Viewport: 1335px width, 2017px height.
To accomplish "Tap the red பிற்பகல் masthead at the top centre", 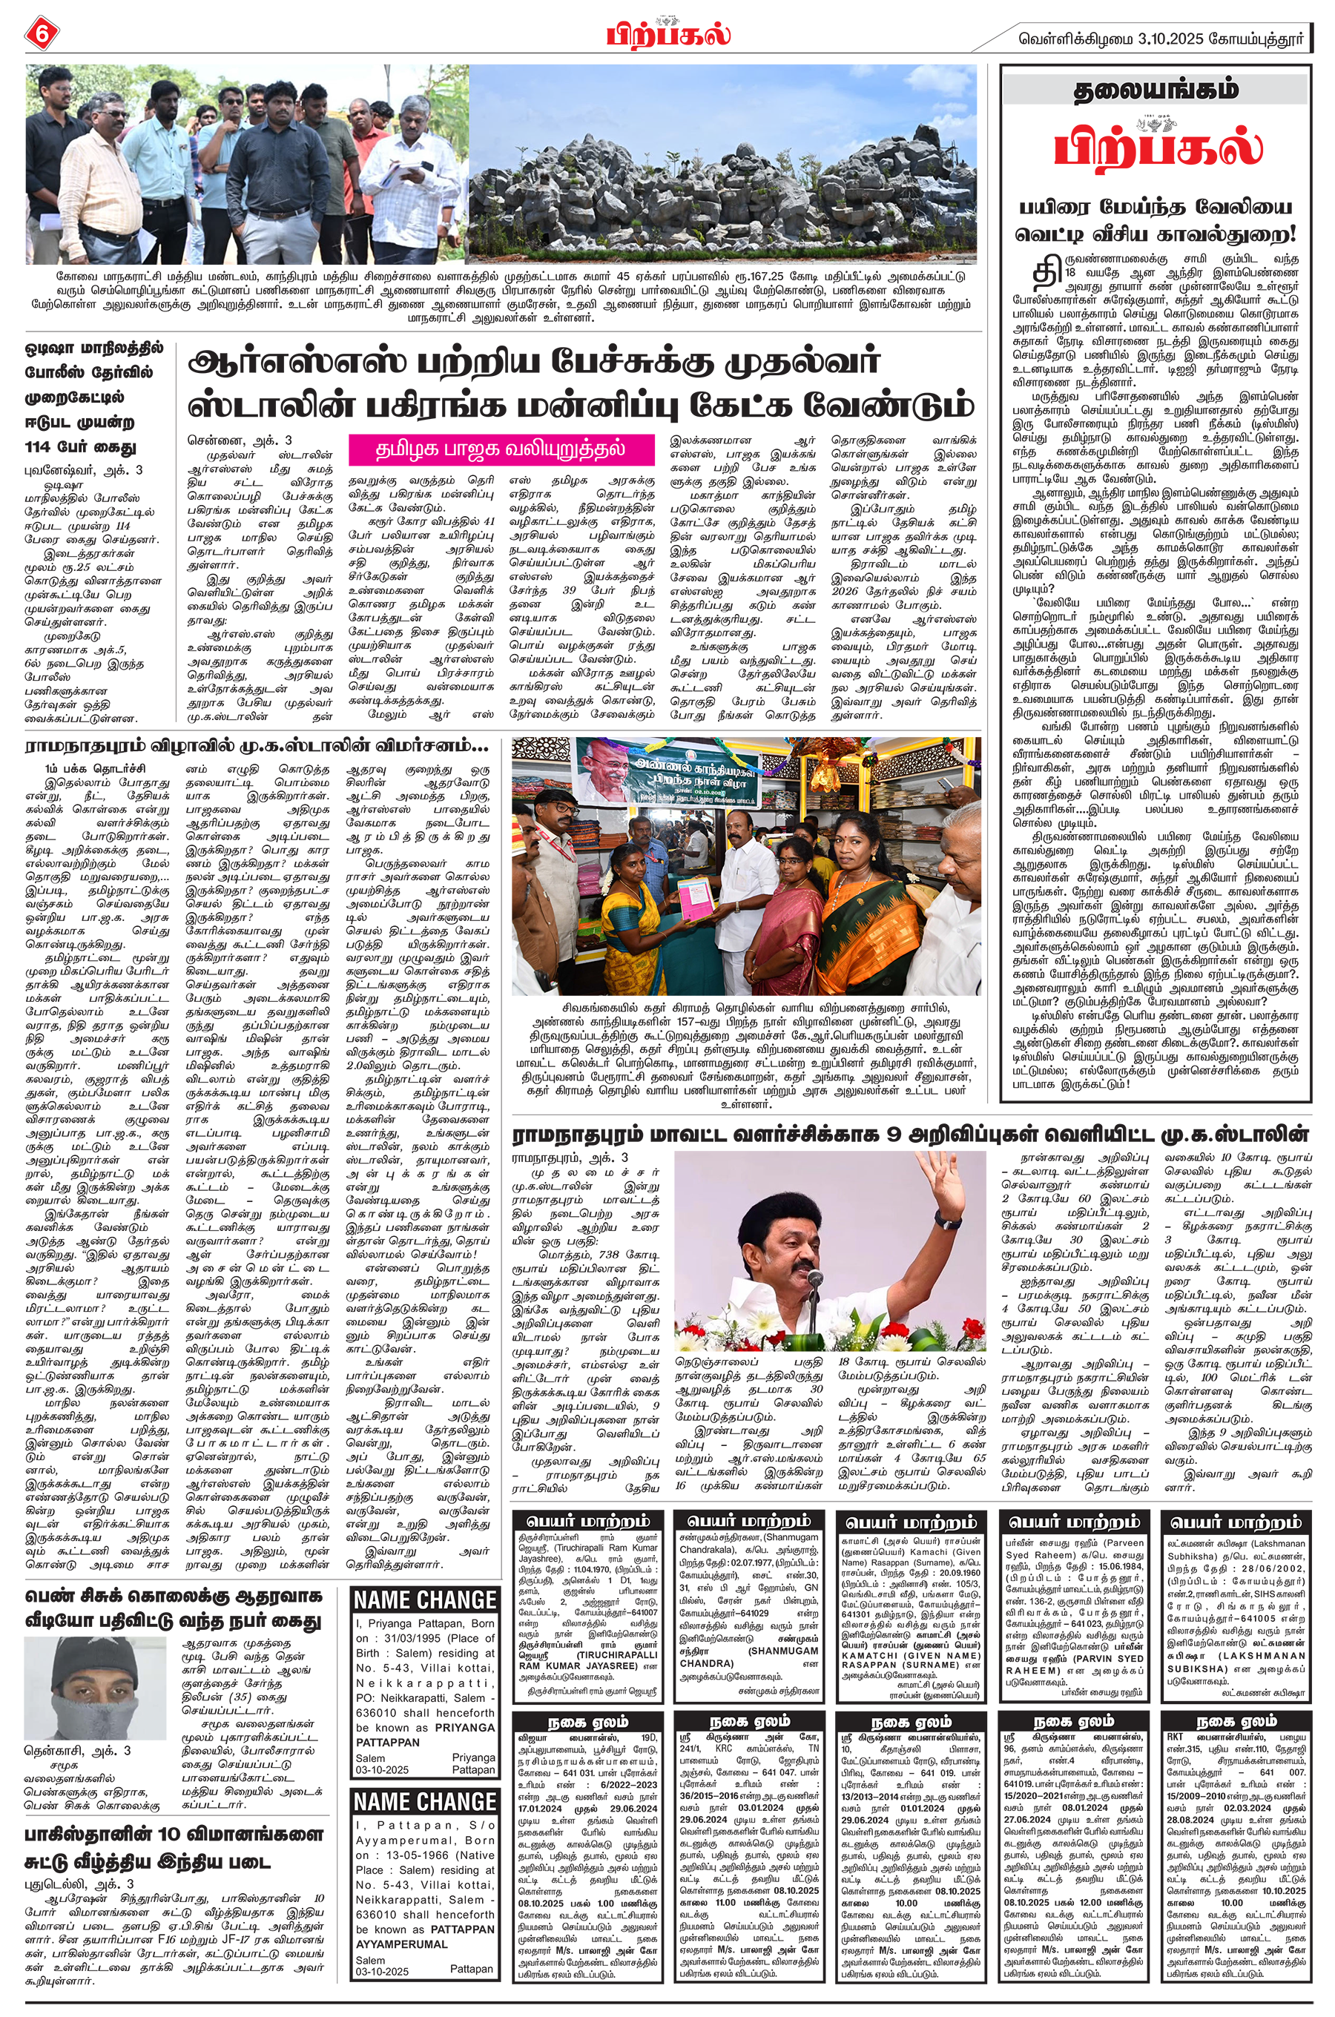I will pyautogui.click(x=668, y=35).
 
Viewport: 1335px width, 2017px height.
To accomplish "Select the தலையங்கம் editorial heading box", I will pyautogui.click(x=1155, y=91).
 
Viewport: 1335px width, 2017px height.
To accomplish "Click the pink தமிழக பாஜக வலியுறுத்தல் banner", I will pyautogui.click(x=501, y=449).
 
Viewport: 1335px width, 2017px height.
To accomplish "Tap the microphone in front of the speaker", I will pyautogui.click(x=817, y=1278).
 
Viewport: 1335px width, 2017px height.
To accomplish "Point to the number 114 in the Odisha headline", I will pyautogui.click(x=48, y=447).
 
